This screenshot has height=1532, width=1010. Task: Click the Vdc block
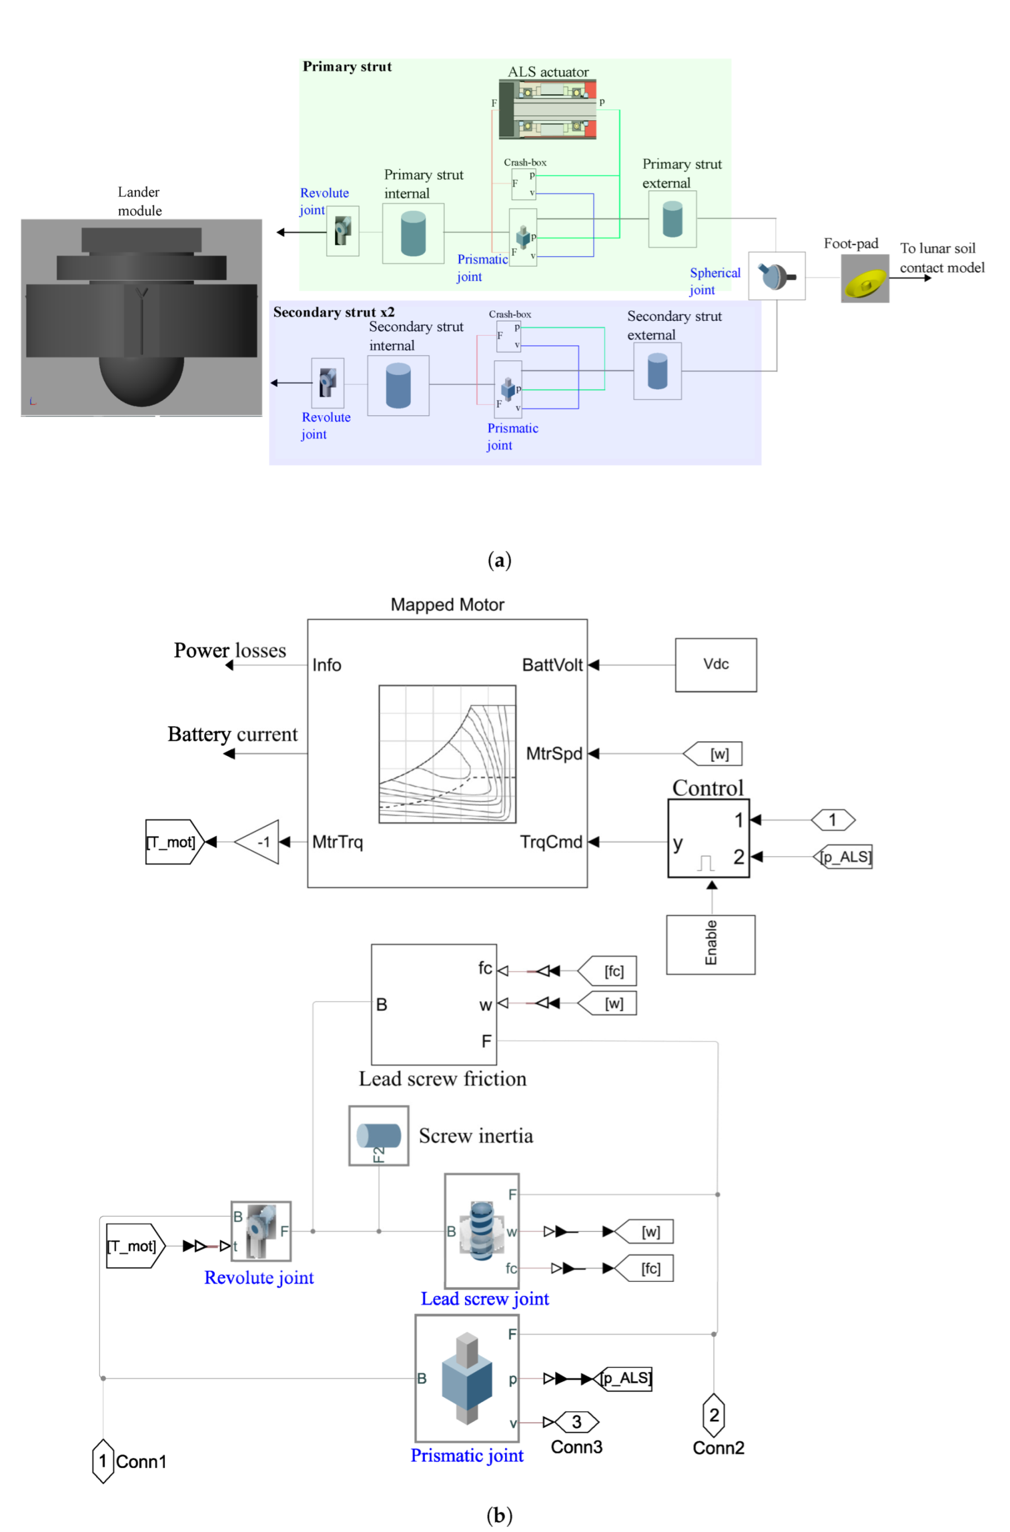pyautogui.click(x=715, y=665)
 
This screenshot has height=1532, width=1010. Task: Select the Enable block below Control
pyautogui.click(x=710, y=944)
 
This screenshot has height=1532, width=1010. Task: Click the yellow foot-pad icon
pyautogui.click(x=865, y=279)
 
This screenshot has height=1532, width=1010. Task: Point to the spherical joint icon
pyautogui.click(x=776, y=276)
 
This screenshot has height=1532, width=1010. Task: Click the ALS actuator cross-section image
pyautogui.click(x=547, y=110)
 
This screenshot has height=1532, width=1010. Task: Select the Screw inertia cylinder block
pyautogui.click(x=379, y=1136)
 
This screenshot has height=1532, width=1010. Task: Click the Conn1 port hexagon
pyautogui.click(x=103, y=1461)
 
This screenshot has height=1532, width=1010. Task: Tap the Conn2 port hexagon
pyautogui.click(x=714, y=1414)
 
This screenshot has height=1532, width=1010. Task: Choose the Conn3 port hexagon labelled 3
pyautogui.click(x=576, y=1421)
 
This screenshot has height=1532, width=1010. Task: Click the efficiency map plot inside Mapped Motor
pyautogui.click(x=447, y=754)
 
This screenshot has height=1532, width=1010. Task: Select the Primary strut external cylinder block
pyautogui.click(x=673, y=219)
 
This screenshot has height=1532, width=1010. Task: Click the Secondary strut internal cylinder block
pyautogui.click(x=398, y=385)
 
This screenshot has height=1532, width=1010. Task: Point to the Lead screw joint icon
pyautogui.click(x=482, y=1231)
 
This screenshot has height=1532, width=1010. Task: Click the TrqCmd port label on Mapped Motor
pyautogui.click(x=551, y=842)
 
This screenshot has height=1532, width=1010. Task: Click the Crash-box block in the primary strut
pyautogui.click(x=524, y=184)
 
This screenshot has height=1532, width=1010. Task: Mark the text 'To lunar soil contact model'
pyautogui.click(x=942, y=258)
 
